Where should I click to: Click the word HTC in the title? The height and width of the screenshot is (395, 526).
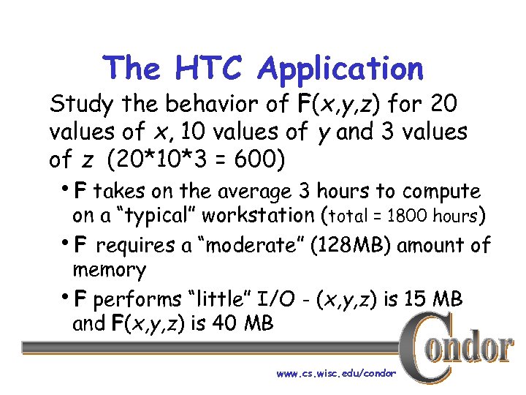[x=212, y=69]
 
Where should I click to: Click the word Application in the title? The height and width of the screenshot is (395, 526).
[x=340, y=69]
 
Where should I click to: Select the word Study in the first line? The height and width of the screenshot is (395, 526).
[x=78, y=105]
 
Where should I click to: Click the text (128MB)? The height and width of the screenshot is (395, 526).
[x=353, y=246]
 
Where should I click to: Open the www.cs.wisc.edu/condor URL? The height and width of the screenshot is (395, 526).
[x=336, y=374]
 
